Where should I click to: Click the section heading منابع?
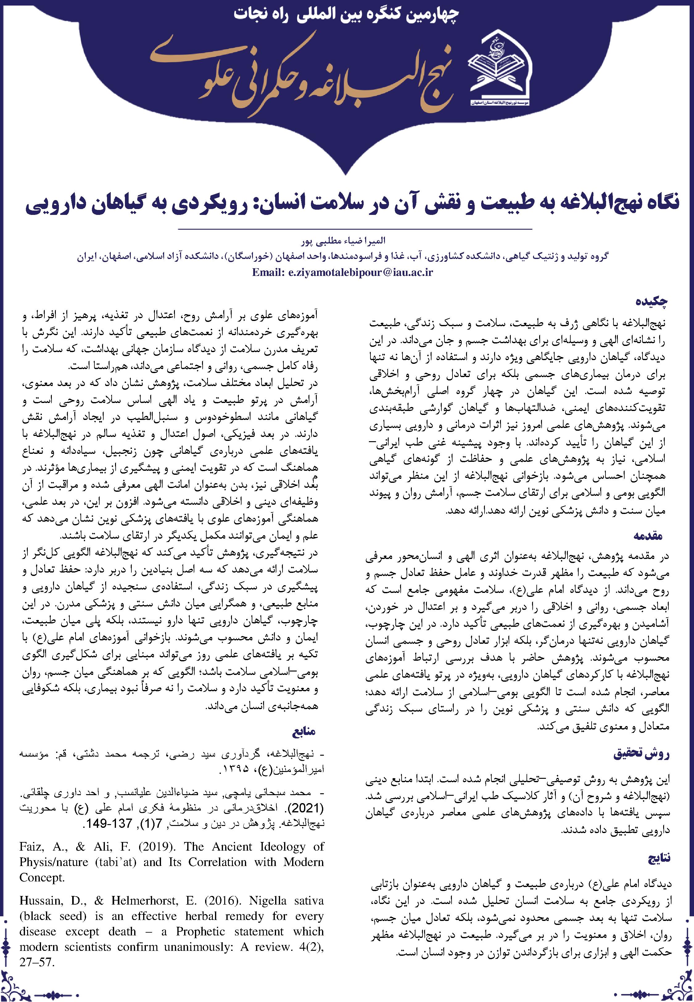click(x=305, y=731)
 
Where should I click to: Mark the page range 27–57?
click(x=37, y=950)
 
